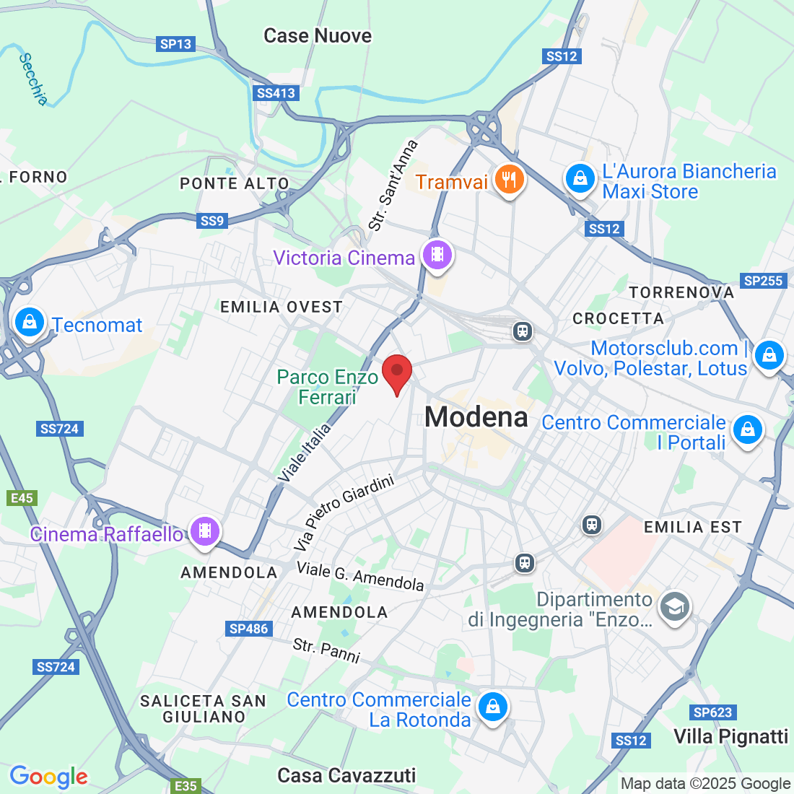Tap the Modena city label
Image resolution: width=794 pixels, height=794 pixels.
[x=476, y=417]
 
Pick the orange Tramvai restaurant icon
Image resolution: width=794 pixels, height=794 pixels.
[x=510, y=180]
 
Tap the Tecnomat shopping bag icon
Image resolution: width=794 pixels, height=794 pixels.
[x=30, y=323]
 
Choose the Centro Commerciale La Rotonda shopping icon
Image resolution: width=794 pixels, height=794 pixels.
[x=493, y=707]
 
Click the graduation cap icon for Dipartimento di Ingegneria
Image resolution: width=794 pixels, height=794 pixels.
[x=675, y=607]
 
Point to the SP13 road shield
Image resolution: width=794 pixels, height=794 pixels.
[x=175, y=44]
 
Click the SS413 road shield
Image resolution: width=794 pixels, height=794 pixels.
[x=276, y=93]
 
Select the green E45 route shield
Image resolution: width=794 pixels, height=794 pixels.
[x=22, y=498]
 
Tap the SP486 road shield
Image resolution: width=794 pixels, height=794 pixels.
[x=249, y=629]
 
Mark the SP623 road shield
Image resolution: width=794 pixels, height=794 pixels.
[x=712, y=712]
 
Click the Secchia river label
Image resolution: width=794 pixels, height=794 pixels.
[x=33, y=79]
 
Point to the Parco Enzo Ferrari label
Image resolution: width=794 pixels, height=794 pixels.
[x=328, y=387]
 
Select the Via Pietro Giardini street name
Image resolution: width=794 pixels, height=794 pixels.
[x=345, y=512]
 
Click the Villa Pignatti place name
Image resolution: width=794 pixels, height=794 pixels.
[x=730, y=736]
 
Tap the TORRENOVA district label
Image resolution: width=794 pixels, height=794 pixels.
[x=681, y=292]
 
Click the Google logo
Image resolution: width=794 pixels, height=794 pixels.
[x=48, y=777]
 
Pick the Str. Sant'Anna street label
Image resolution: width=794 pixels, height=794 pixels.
[x=393, y=186]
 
